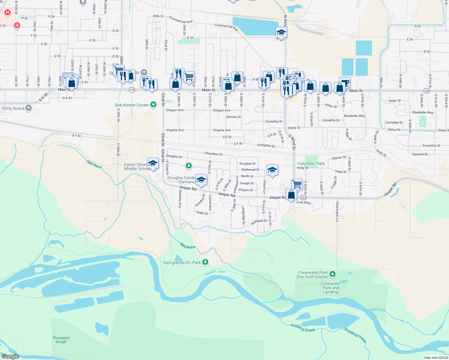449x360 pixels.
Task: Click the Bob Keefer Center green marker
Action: (153, 105)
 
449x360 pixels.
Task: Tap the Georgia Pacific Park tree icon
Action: (205, 262)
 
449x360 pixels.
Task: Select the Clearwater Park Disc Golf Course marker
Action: (332, 274)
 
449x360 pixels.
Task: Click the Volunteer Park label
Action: (311, 163)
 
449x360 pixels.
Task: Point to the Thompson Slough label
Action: (61, 340)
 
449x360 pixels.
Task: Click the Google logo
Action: (10, 356)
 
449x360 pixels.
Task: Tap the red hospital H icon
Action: (8, 12)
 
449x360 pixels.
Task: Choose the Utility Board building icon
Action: (29, 108)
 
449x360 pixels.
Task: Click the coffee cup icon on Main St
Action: (345, 83)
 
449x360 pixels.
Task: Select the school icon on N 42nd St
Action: (281, 32)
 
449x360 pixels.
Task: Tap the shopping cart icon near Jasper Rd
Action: (297, 184)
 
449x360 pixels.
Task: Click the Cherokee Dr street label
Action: (213, 154)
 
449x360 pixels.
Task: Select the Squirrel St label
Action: (420, 154)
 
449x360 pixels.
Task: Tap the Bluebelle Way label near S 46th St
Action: (354, 116)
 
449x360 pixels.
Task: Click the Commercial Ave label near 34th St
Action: (180, 20)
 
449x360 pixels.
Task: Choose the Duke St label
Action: (202, 213)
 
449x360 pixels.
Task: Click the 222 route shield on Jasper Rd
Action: (303, 198)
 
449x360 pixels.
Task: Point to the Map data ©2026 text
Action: (436, 358)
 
